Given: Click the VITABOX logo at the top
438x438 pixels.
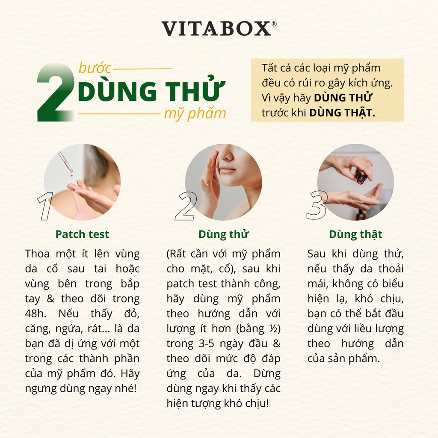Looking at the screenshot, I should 216,29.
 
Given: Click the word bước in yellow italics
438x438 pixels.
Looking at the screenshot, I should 95,68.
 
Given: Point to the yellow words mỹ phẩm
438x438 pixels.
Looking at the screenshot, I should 195,114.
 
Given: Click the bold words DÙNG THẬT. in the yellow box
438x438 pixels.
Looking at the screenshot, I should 342,112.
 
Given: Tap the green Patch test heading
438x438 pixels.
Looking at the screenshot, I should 82,234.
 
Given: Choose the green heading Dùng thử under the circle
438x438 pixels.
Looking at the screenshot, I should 223,234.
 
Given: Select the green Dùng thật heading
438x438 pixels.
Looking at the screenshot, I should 355,234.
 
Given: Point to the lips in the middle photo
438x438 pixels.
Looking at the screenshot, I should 228,169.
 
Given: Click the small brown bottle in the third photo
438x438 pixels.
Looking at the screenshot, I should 361,176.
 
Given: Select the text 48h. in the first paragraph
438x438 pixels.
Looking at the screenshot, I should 36,314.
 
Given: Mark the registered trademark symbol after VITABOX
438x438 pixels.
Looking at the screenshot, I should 274,24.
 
